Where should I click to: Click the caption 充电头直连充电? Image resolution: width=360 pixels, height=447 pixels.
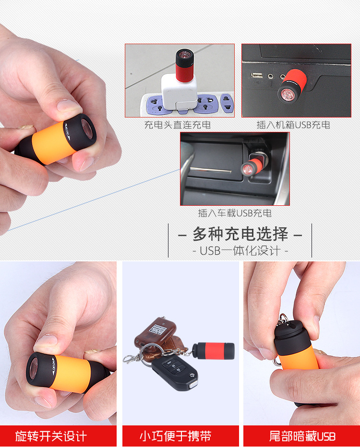pyautogui.click(x=178, y=125)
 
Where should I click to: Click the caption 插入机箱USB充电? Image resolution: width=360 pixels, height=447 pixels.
pyautogui.click(x=293, y=125)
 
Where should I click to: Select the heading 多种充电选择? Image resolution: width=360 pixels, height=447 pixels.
pyautogui.click(x=240, y=235)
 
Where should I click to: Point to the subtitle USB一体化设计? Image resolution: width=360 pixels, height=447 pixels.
pyautogui.click(x=240, y=251)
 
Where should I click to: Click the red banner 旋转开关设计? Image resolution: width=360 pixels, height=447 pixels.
pyautogui.click(x=51, y=436)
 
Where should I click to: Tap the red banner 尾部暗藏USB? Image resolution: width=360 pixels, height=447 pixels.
pyautogui.click(x=302, y=436)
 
